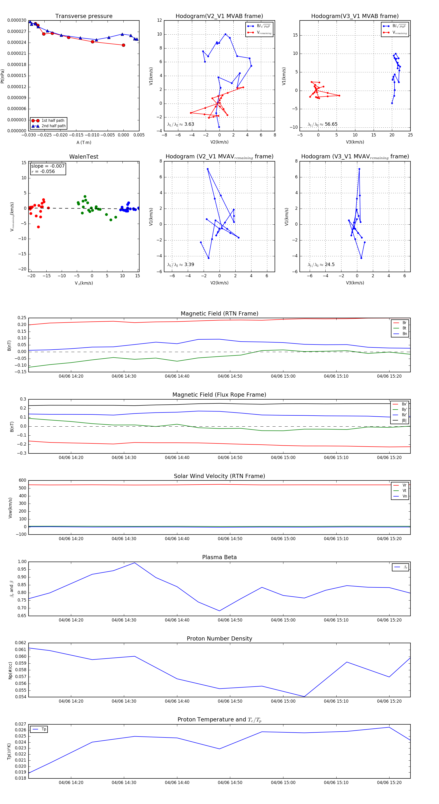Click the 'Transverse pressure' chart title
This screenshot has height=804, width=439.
(84, 16)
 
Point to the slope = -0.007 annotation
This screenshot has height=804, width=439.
(48, 166)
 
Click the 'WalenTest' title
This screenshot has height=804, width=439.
(84, 157)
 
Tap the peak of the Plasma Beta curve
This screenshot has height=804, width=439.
(135, 563)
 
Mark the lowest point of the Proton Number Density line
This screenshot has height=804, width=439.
(304, 697)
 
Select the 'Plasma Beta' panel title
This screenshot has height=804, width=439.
(219, 557)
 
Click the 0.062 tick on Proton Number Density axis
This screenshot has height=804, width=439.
(21, 643)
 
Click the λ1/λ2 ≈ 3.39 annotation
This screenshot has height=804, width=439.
(180, 265)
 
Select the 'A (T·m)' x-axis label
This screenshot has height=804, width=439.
(84, 143)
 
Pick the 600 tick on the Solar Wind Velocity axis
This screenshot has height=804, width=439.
(22, 480)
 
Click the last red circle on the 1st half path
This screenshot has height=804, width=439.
(123, 45)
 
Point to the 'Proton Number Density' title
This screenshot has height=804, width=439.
(219, 639)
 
